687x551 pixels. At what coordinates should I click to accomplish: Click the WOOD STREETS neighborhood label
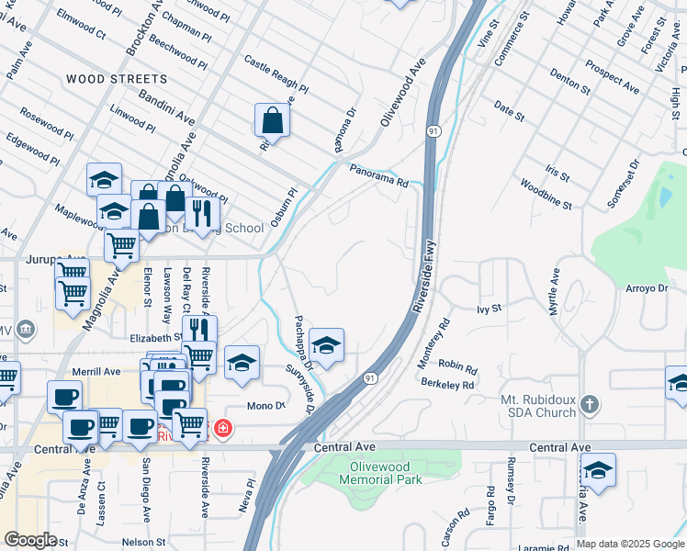tap(117, 80)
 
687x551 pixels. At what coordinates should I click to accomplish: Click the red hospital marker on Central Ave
tap(221, 428)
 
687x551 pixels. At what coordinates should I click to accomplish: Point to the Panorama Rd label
tap(378, 174)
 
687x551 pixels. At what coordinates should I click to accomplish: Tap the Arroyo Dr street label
tap(650, 288)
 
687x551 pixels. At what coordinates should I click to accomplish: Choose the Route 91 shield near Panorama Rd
tap(432, 133)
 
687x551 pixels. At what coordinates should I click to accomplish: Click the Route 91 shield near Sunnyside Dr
tap(369, 377)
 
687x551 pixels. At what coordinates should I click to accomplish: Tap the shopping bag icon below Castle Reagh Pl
tap(273, 119)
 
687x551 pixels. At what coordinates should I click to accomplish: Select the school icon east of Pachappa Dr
tap(326, 345)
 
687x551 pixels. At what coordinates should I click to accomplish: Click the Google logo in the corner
tap(30, 540)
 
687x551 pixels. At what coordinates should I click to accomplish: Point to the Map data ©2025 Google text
tap(630, 544)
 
